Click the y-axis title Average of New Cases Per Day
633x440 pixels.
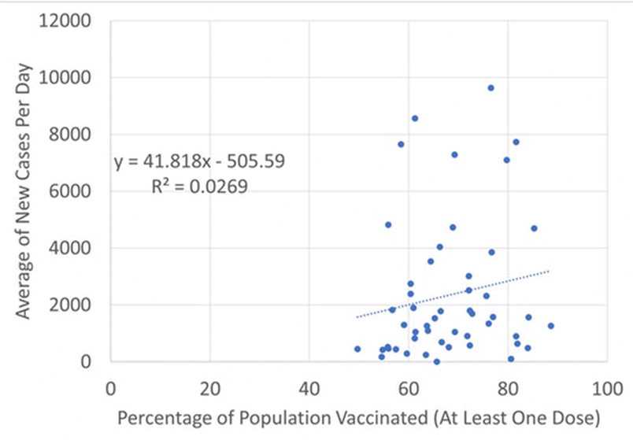pyautogui.click(x=24, y=190)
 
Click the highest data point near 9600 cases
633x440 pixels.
pyautogui.click(x=490, y=87)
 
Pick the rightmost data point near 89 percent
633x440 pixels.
pyautogui.click(x=551, y=325)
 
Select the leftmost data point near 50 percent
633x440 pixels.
pyautogui.click(x=357, y=349)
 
